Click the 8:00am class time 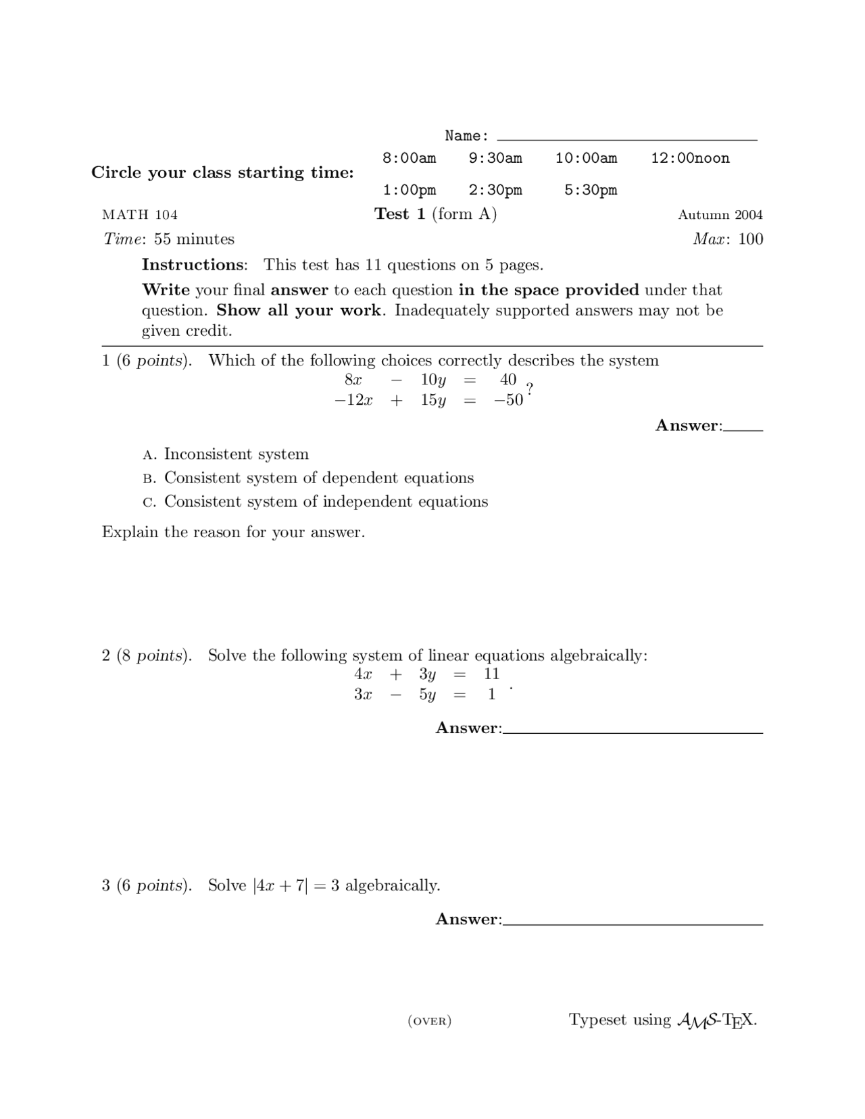coord(409,158)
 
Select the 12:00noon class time coord(690,158)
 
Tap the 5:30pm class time coord(591,190)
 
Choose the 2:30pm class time coord(495,190)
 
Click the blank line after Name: coord(626,137)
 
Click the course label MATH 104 coord(140,215)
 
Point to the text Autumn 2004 coord(720,215)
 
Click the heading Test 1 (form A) coord(435,214)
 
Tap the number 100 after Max coord(750,239)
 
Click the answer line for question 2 coord(633,730)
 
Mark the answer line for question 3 coord(633,920)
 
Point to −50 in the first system coord(508,400)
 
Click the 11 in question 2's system coord(491,674)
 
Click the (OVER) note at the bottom coord(430,1021)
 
